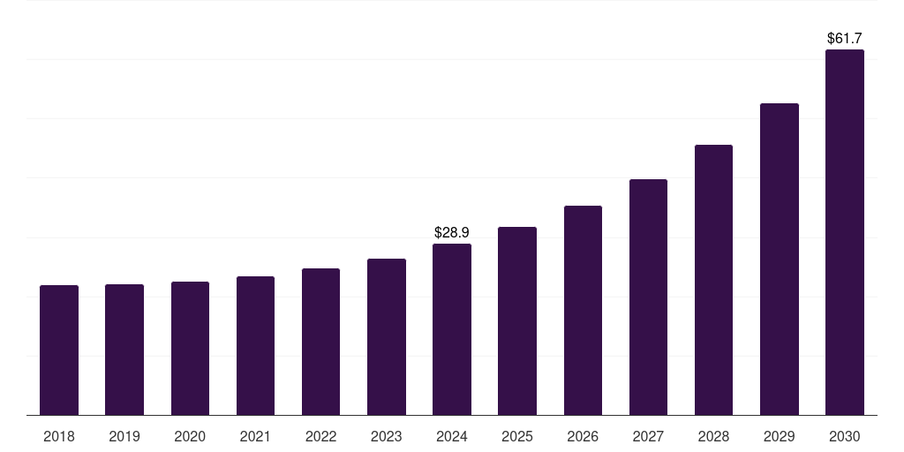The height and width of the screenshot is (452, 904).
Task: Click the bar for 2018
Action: [x=59, y=350]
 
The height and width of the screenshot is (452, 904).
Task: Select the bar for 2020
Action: [x=190, y=348]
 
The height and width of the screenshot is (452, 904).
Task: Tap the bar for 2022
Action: [x=320, y=342]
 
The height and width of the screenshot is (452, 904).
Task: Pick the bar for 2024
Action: [x=451, y=329]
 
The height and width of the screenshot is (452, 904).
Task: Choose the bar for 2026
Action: [x=583, y=310]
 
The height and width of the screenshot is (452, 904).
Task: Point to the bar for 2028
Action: [x=713, y=280]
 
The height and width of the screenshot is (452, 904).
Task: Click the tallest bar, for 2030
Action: [x=844, y=232]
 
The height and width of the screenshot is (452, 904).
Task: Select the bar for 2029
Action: [x=779, y=259]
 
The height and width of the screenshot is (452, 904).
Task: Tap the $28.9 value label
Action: [x=451, y=232]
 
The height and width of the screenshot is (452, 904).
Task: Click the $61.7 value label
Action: [x=844, y=38]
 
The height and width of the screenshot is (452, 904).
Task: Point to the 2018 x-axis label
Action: [x=59, y=436]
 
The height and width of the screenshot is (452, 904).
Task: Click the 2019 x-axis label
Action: [x=124, y=436]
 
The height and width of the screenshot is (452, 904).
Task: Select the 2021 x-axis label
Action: [x=255, y=436]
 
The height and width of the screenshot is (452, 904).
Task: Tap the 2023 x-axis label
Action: [x=386, y=436]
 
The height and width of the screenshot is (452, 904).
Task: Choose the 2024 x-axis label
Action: [x=451, y=436]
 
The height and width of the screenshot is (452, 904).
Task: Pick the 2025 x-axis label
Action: [x=516, y=436]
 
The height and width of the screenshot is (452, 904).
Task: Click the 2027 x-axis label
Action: [x=648, y=436]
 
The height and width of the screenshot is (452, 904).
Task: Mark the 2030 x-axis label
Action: [x=844, y=436]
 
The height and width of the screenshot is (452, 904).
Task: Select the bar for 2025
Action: [x=516, y=320]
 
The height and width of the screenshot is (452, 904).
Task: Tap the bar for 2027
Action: [x=648, y=297]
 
